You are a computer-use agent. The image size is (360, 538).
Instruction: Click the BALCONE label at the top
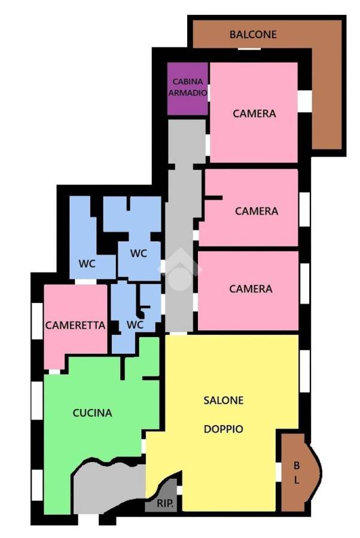tap(253, 34)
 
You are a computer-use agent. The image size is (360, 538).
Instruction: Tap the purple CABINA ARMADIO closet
tap(187, 88)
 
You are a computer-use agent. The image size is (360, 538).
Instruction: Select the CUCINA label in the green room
tap(92, 412)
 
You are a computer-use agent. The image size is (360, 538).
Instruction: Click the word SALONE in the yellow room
tap(224, 400)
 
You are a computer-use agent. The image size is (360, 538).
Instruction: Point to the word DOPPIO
tap(224, 429)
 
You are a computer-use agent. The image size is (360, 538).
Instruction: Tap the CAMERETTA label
tap(75, 325)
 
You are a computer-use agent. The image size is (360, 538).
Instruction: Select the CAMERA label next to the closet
tap(254, 114)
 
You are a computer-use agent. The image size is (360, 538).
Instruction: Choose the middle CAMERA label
tap(257, 211)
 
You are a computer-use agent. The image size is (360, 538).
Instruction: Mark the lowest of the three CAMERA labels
tap(251, 289)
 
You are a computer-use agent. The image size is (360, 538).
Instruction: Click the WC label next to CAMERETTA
tap(135, 325)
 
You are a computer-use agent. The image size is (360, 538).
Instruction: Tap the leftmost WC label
tap(87, 264)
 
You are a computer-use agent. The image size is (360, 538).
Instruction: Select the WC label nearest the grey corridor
tap(139, 253)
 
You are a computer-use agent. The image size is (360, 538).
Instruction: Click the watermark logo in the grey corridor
tap(179, 268)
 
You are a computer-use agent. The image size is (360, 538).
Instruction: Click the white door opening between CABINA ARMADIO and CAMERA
tap(209, 93)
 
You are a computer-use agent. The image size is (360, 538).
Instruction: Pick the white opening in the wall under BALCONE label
tap(249, 49)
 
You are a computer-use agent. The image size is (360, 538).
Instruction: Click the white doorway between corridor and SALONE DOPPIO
tap(179, 334)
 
